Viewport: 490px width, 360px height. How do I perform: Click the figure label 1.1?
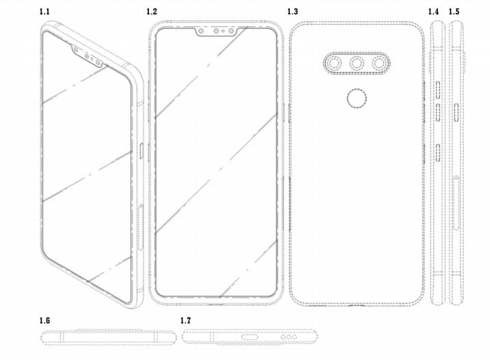(44, 12)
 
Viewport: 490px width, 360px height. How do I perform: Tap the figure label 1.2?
(152, 12)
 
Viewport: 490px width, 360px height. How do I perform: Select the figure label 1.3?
(292, 12)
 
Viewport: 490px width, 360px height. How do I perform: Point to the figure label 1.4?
(433, 12)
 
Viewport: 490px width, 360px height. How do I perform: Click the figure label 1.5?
(454, 12)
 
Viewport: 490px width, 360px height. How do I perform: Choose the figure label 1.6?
(44, 320)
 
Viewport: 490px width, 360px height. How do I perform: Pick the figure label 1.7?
(185, 320)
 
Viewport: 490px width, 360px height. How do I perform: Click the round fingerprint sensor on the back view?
(357, 98)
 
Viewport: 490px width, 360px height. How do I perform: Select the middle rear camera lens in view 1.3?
(357, 64)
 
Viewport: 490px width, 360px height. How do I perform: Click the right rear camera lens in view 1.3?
(379, 64)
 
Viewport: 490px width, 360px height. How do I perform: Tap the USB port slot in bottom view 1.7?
(249, 337)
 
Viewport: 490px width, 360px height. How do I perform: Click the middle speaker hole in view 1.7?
(288, 337)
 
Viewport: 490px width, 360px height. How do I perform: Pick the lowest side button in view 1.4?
(438, 153)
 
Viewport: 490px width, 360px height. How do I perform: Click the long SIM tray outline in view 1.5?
(456, 203)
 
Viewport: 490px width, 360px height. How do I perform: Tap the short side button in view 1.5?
(457, 113)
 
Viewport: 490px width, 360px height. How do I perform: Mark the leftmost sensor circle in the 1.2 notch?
(201, 31)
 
